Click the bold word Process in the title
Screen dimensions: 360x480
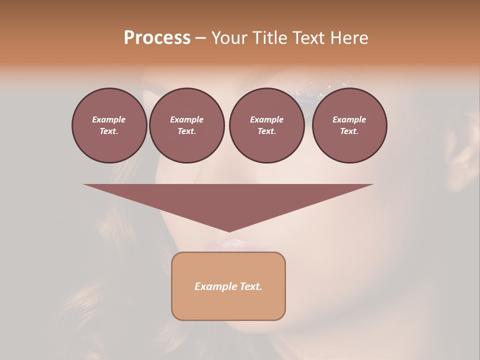point(157,38)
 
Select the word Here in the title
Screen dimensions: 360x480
point(348,38)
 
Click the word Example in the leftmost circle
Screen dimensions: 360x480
point(109,119)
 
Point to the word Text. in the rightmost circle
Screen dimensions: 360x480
point(349,131)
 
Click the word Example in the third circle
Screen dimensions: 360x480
point(266,119)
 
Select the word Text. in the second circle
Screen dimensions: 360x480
point(186,131)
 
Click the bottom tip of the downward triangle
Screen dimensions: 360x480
point(229,231)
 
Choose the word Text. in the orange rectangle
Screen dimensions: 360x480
point(251,286)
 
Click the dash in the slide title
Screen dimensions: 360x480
point(201,38)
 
